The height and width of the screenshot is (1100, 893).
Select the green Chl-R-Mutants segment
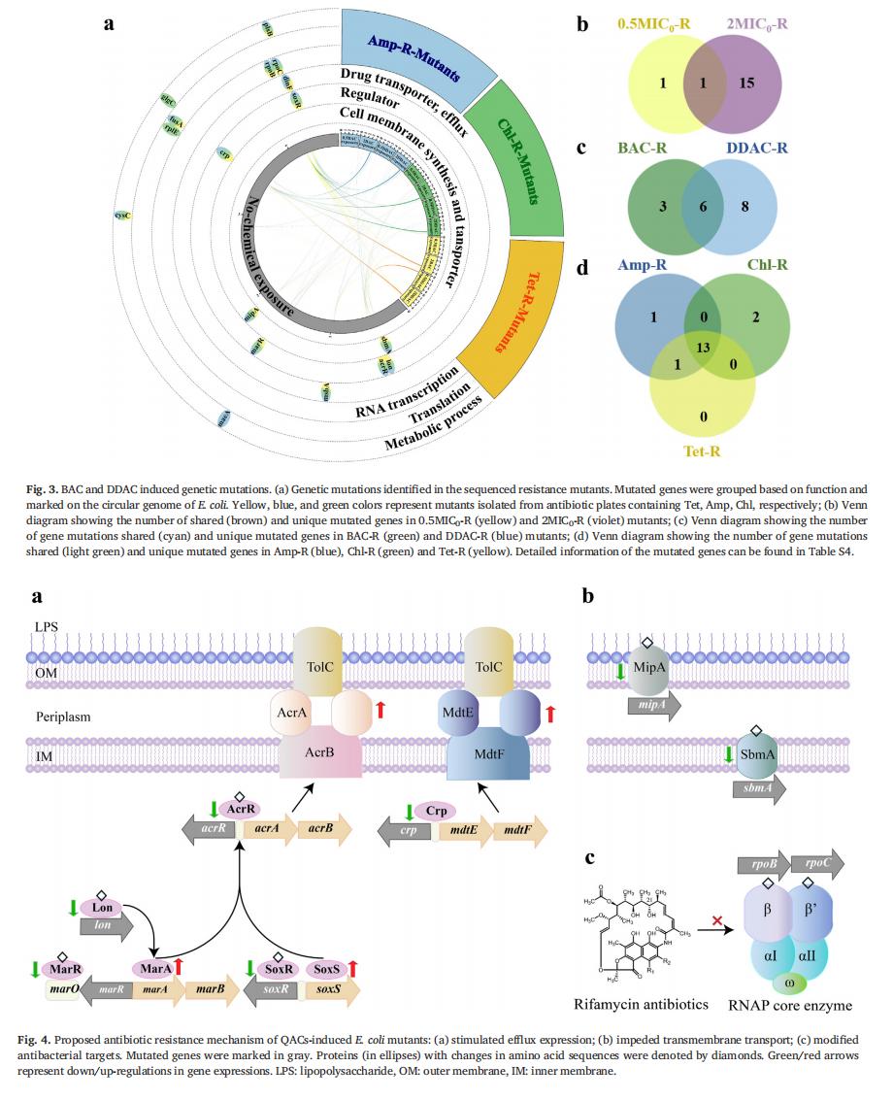(520, 160)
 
